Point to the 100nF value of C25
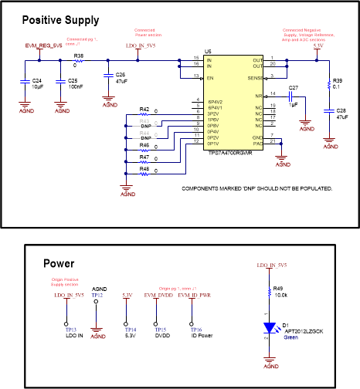(76, 86)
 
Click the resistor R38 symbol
(79, 64)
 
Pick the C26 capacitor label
(121, 74)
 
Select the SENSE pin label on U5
(255, 77)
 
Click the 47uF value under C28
(342, 117)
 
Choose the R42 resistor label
(144, 109)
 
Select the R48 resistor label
(144, 168)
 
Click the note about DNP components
(256, 188)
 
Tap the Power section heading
(59, 262)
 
